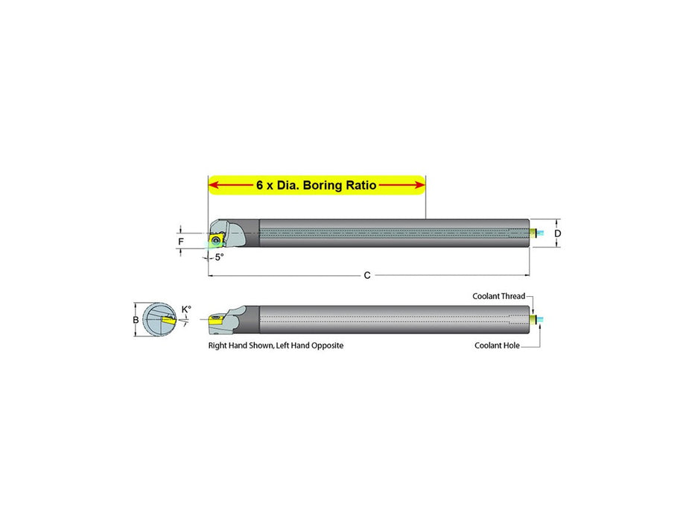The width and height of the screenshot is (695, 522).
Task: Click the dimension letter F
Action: point(181,242)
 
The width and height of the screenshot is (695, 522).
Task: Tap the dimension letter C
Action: point(367,276)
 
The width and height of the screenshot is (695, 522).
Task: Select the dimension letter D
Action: point(558,233)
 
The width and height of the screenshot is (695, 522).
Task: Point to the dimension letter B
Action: point(136,320)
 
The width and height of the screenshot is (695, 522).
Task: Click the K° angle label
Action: point(186,309)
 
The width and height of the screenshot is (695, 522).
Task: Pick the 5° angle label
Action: point(220,257)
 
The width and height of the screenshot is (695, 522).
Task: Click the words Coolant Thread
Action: point(498,296)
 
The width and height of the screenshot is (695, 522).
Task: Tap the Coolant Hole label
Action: point(497,345)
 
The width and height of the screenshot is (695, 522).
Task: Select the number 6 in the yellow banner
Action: point(260,185)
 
